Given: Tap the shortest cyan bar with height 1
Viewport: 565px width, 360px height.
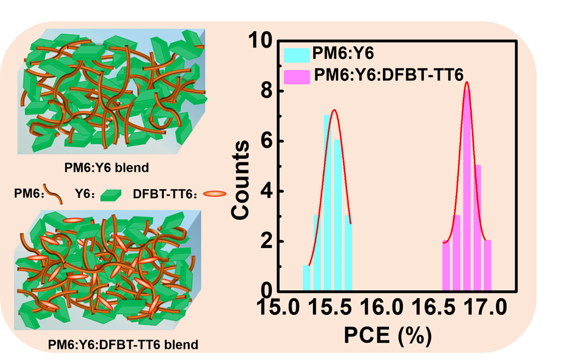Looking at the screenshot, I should (307, 277).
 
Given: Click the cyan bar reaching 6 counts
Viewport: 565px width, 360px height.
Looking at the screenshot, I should (337, 215).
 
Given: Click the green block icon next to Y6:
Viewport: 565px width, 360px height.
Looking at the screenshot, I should (110, 195).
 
